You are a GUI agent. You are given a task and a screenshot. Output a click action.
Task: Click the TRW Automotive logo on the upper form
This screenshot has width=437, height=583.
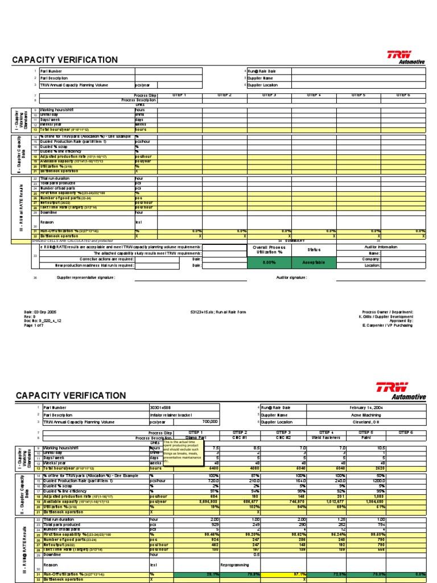(406, 57)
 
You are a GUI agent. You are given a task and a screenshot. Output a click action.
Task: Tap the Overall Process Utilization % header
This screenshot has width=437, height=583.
(270, 249)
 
